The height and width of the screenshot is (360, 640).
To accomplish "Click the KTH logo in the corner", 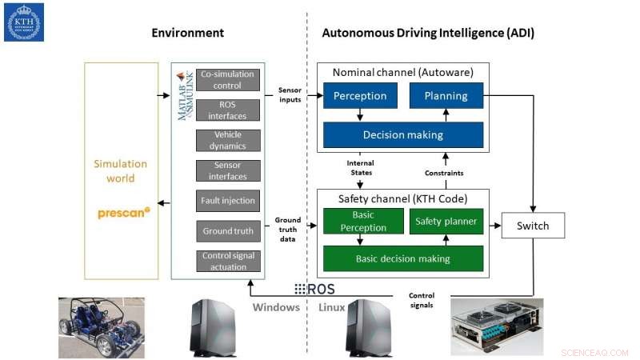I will point(24,22).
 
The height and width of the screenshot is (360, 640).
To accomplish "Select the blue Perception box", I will point(360,96).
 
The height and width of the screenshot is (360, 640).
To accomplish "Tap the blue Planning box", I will point(446,96).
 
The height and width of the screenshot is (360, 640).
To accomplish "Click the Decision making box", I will point(403,134).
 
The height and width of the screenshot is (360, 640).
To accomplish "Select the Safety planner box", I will point(446,221).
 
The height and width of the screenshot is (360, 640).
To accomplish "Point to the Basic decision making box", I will point(403,258).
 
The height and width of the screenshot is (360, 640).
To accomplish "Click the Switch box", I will point(532,226).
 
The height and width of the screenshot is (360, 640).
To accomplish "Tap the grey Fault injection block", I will point(228,201).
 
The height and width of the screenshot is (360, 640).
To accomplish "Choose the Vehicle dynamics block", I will point(228,140).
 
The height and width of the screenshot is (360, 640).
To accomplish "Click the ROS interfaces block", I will point(228,110).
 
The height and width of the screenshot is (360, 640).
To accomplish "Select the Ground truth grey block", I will point(228,231).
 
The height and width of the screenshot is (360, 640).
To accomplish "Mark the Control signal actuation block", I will point(228,262).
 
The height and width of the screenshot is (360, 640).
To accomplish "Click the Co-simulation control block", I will point(228,79).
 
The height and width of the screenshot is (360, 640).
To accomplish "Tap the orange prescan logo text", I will point(122,213).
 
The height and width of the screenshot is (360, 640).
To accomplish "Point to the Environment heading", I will point(188,33).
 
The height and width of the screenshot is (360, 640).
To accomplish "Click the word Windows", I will point(275,307).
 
